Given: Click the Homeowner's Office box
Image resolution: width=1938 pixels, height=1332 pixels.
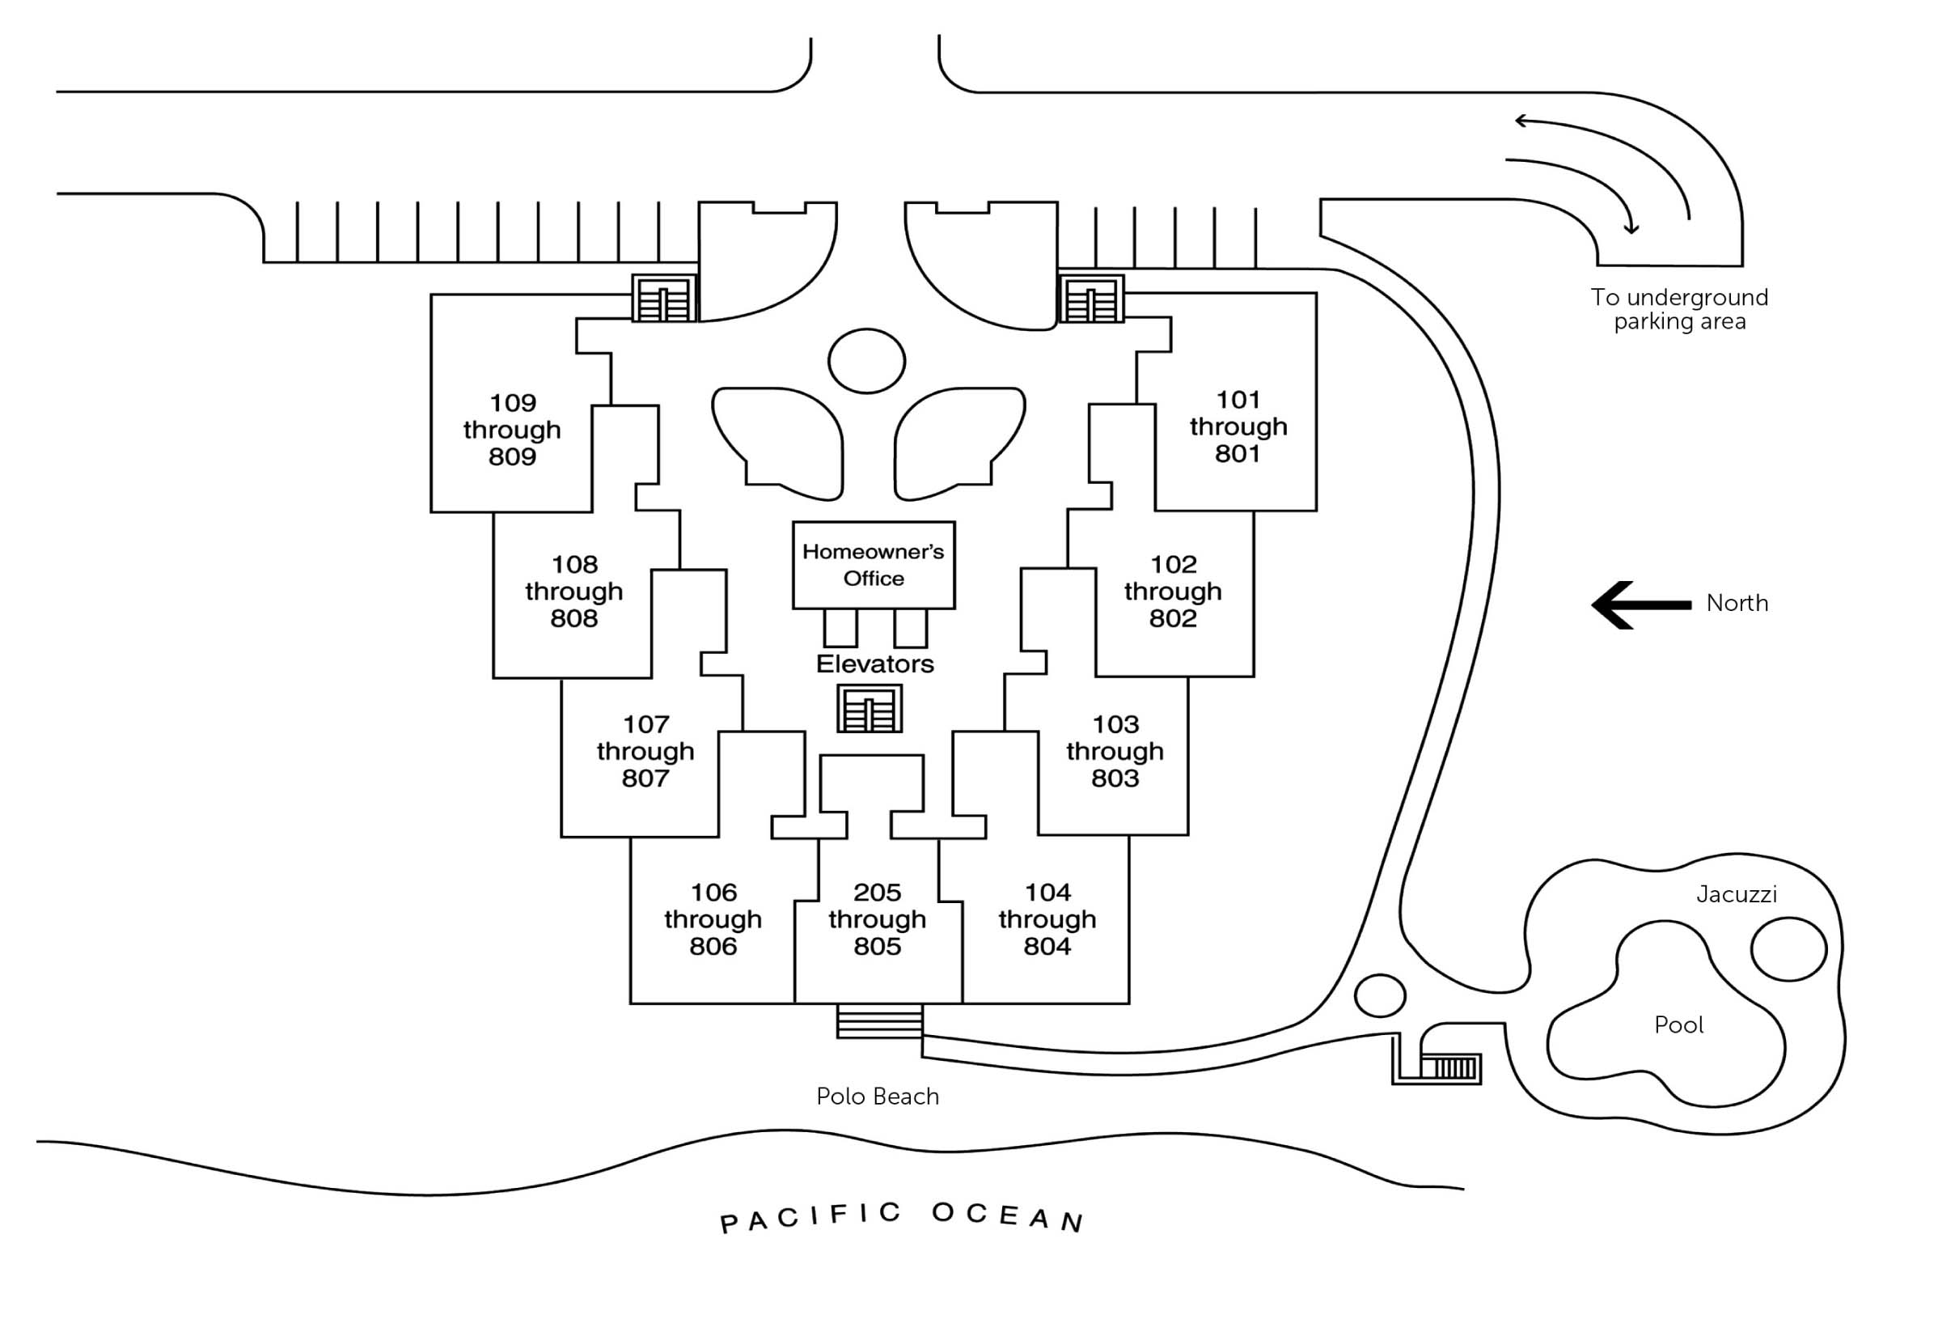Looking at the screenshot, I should tap(873, 565).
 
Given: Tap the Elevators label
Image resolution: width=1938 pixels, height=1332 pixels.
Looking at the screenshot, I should tap(874, 664).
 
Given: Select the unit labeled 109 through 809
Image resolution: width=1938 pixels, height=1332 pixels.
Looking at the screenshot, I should tap(512, 429).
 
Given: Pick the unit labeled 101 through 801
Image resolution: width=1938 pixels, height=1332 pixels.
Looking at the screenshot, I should tap(1238, 426).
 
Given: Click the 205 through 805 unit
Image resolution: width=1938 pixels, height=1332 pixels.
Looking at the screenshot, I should tap(877, 918).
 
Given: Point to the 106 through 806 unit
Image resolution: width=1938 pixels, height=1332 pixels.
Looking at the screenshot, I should tap(713, 918).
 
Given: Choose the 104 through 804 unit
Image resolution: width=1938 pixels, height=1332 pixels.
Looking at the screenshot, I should tap(1047, 918).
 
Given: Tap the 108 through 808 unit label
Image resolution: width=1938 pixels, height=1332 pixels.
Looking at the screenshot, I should tap(574, 591).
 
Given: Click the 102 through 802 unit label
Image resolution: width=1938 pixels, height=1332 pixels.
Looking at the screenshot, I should tap(1172, 591).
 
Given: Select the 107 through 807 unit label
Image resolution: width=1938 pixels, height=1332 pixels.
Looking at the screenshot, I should tap(645, 751).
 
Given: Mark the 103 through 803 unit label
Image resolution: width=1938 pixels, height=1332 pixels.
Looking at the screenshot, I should tap(1115, 751).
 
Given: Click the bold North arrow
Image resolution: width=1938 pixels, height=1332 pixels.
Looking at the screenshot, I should tap(1640, 605).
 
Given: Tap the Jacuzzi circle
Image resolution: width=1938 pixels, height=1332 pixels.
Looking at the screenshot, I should tap(1788, 949).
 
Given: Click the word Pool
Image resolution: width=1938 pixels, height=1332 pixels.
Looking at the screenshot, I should tap(1678, 1024).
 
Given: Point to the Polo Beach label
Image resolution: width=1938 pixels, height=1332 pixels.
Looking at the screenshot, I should tap(878, 1096).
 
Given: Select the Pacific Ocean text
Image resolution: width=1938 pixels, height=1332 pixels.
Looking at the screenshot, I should tap(901, 1217).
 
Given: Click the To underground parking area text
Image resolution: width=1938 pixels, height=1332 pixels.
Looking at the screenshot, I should tap(1678, 310).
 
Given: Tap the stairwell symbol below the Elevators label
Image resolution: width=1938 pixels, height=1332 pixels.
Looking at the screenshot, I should tap(870, 710).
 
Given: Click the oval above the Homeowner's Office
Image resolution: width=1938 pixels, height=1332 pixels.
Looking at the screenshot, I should tap(867, 361).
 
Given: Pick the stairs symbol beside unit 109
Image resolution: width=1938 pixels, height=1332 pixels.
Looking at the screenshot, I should tap(664, 299).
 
